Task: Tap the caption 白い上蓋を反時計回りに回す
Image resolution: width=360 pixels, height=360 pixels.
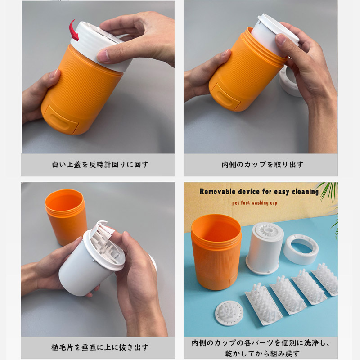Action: (100, 165)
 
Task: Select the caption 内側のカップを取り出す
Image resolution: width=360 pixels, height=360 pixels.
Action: (262, 165)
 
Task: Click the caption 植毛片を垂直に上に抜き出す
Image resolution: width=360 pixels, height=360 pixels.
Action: (99, 347)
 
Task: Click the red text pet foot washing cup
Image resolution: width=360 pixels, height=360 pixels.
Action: (255, 203)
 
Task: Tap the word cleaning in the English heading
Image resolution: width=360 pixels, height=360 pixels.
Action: (306, 192)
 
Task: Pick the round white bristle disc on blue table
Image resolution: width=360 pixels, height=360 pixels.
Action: (229, 313)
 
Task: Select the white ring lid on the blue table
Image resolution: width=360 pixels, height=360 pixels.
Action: (301, 249)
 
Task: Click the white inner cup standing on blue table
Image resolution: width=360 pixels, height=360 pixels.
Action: (265, 248)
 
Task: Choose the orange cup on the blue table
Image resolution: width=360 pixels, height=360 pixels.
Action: (216, 252)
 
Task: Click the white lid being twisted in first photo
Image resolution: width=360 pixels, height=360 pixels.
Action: (101, 46)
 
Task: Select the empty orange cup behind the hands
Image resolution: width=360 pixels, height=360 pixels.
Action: (65, 216)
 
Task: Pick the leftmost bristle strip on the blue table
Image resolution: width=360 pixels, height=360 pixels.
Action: (264, 303)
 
